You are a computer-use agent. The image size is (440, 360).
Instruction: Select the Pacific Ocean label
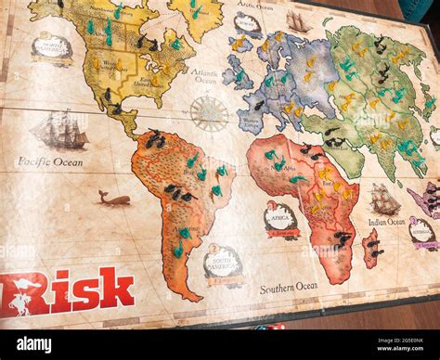pos(49,161)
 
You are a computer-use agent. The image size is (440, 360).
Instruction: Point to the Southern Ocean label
pos(289,287)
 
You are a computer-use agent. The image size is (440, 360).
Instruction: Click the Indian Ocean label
pos(385,222)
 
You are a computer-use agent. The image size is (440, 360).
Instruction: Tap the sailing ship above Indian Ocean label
pos(383,199)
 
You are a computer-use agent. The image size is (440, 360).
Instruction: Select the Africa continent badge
pos(279,219)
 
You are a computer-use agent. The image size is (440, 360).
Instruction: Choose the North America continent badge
pos(52,47)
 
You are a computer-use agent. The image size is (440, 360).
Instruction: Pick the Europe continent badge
pos(248,23)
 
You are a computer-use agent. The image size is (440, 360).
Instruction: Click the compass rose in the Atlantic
pos(210,113)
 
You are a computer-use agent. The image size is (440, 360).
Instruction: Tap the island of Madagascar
pos(370,247)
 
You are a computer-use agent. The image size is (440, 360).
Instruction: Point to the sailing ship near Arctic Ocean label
pos(298,20)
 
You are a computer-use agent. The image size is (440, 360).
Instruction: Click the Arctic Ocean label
pos(254,6)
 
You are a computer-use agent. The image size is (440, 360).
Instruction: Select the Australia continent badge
pos(422,232)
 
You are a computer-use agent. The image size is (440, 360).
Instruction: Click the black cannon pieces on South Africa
pos(343,238)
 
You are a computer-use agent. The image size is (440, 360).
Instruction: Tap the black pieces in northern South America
pos(154,140)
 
